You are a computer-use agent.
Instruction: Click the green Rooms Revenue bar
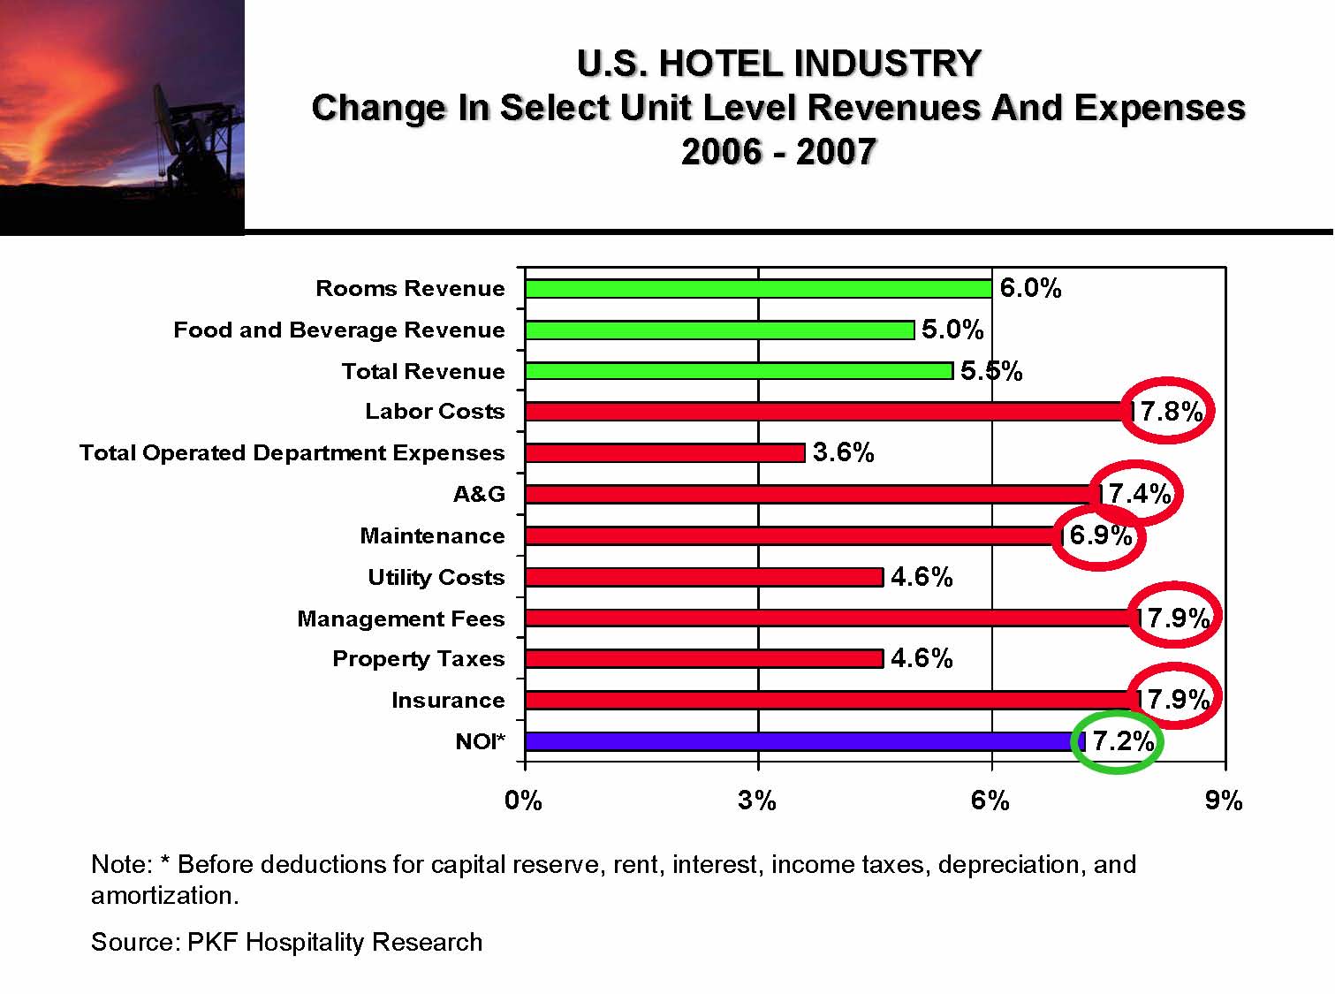(758, 289)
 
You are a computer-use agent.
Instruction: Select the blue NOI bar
(804, 741)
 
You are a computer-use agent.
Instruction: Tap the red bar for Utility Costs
(703, 577)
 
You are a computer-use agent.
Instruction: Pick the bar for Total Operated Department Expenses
(664, 453)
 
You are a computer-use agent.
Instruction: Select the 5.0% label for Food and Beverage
(952, 330)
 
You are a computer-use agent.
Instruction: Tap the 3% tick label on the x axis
(757, 801)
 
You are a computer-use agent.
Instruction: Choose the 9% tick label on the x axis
(1224, 801)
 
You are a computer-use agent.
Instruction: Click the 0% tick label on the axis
(523, 801)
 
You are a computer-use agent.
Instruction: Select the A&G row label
(479, 494)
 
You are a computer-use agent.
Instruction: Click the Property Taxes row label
(418, 659)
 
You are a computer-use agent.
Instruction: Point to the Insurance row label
(448, 701)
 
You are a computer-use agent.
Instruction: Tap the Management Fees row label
(400, 618)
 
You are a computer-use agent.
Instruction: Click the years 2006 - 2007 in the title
(778, 152)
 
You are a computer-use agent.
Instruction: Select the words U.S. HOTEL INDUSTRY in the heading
(778, 64)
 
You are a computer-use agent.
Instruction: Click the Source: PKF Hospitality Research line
(286, 942)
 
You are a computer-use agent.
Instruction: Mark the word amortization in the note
(164, 896)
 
